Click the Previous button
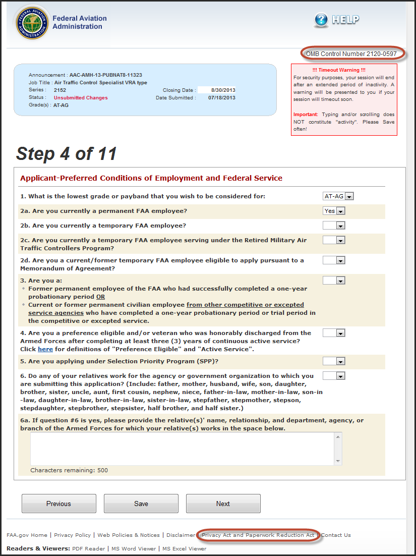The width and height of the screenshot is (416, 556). coord(58,504)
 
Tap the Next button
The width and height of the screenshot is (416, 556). coord(223,504)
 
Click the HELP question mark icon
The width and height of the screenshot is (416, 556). coord(321,20)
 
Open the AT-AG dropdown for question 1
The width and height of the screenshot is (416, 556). coord(338,196)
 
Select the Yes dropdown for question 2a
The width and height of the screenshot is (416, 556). coord(334,211)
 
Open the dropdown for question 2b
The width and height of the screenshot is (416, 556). coord(334,226)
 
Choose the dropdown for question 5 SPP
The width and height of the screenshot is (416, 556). coord(334,361)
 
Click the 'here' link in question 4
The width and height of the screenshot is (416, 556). coord(45,349)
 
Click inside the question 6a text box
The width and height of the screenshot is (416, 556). coord(186,448)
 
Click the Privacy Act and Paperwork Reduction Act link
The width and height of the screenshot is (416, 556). coord(258,535)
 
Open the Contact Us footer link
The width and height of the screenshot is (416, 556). coord(336,535)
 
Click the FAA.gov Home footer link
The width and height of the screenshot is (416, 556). coord(27,535)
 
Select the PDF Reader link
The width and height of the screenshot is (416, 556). coord(89,548)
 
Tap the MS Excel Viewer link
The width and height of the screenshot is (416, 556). coord(184,548)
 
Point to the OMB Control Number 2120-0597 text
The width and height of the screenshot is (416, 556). coord(351,53)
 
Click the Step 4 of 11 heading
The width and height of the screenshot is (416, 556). coord(67,153)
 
